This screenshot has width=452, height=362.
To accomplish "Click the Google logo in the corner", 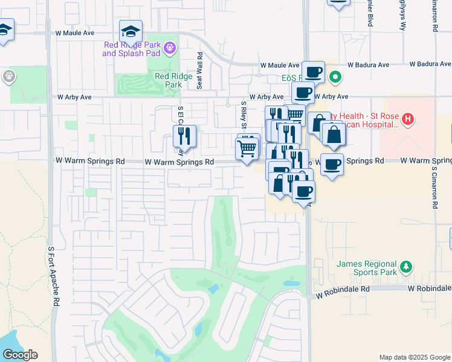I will pos(20,355).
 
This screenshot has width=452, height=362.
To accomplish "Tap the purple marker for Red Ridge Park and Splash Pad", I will pos(170,46).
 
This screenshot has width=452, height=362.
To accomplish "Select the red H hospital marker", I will pos(408,119).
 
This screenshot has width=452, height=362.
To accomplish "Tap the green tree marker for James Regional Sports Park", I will pos(407,267).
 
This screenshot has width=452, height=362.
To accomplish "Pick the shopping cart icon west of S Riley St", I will pos(247,148).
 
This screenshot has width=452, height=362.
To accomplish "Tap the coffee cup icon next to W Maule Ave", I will pos(313,72).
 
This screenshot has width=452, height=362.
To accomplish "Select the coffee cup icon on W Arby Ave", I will pos(303,93).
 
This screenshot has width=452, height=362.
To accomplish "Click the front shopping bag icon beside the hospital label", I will pos(334,135).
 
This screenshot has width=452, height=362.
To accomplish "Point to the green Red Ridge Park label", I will pos(168,80).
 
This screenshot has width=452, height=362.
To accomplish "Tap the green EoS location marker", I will pos(334,77).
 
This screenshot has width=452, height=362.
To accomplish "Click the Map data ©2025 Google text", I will pos(414,357).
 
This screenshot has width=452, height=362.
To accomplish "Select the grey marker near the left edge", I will pos(8,77).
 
